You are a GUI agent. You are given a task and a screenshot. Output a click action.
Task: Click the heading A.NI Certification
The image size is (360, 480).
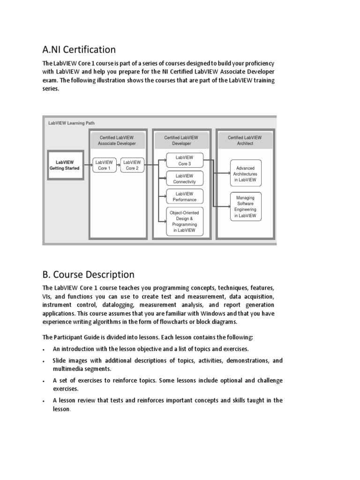click(x=79, y=49)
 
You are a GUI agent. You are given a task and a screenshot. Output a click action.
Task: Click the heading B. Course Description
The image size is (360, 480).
click(x=88, y=274)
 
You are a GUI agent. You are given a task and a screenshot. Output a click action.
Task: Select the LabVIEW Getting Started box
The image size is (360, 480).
click(x=65, y=165)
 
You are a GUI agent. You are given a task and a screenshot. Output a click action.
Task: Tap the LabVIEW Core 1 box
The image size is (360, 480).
click(x=104, y=165)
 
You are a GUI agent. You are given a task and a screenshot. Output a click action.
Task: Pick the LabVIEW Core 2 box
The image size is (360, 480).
click(x=132, y=165)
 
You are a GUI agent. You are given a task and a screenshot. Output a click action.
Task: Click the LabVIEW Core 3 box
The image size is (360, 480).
click(x=185, y=161)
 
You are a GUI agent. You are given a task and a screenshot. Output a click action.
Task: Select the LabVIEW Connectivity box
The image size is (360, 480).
click(x=185, y=179)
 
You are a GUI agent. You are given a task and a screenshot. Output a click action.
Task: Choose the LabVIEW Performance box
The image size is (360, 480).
click(x=185, y=196)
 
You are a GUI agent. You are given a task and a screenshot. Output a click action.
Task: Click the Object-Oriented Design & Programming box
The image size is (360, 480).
click(x=185, y=221)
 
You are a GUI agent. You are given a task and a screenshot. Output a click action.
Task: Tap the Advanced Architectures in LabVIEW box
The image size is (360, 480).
click(x=246, y=173)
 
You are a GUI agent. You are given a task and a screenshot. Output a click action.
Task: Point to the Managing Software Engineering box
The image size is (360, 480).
click(x=246, y=207)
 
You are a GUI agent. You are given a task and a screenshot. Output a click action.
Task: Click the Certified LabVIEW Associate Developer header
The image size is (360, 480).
click(x=118, y=140)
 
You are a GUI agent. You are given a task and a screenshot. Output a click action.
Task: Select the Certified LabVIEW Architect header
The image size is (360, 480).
click(x=245, y=140)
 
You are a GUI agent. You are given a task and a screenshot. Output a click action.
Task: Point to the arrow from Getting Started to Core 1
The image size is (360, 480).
click(x=88, y=165)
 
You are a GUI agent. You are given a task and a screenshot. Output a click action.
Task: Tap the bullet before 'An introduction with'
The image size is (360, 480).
click(x=43, y=350)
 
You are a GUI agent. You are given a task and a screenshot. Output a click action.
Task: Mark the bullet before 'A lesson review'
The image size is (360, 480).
click(x=43, y=401)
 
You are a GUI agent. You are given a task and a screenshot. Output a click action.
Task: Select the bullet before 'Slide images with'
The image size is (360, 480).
click(x=43, y=361)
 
